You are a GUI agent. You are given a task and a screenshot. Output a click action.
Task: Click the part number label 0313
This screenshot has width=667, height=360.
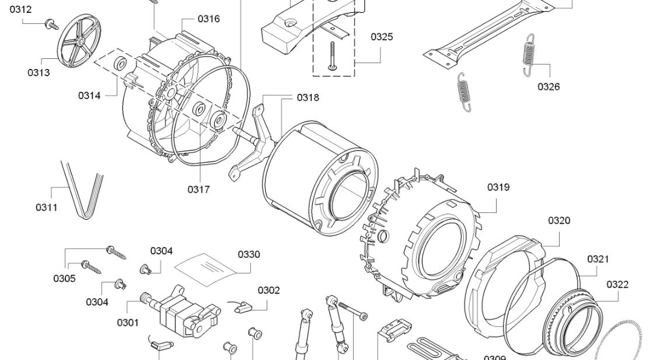click(x=39, y=73)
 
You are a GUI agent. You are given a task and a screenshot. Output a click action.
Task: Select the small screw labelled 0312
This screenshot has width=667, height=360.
click(x=51, y=24)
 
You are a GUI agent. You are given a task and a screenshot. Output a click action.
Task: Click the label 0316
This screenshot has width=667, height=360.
click(x=208, y=19)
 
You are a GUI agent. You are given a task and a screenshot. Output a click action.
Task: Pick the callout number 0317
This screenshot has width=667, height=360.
click(x=198, y=189)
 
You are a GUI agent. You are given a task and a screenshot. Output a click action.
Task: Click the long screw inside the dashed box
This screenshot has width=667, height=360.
click(x=333, y=56)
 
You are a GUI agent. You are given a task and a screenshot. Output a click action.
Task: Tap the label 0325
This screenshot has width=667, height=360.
click(x=382, y=37)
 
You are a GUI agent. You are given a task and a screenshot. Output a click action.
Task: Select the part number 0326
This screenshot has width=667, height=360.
click(x=549, y=87)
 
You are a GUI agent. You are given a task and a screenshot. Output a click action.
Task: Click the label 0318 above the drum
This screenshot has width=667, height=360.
click(x=308, y=97)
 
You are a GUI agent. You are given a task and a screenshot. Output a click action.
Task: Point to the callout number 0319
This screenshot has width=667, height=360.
click(x=498, y=187)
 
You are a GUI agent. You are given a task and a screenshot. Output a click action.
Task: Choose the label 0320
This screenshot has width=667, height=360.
click(x=559, y=221)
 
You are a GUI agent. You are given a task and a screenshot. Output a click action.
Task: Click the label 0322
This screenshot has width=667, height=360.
click(x=617, y=285)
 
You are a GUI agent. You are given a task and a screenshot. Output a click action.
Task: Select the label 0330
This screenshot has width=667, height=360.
click(x=249, y=254)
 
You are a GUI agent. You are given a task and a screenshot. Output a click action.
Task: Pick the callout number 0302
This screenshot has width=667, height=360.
click(x=269, y=290)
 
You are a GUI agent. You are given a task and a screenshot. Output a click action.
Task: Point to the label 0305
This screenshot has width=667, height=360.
click(x=64, y=278)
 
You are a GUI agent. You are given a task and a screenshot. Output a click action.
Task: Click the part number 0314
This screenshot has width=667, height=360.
click(x=89, y=96)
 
